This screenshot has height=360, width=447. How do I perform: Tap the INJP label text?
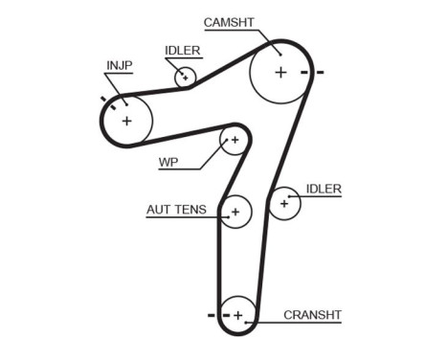point(119,65)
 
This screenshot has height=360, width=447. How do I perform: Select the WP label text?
point(168,161)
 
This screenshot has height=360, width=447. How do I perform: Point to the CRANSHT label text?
point(312,314)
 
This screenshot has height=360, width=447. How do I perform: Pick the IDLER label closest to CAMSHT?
point(182,49)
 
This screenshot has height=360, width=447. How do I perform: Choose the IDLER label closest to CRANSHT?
point(324,189)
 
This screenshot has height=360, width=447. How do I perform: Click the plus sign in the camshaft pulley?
point(280,72)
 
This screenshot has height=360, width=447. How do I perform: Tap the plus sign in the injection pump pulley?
point(126,121)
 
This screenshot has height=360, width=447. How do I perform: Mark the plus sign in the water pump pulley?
point(234,141)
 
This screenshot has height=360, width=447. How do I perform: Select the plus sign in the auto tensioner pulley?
point(235,210)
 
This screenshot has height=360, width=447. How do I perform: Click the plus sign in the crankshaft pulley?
point(239,314)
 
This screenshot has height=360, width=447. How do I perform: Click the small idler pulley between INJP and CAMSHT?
point(186,77)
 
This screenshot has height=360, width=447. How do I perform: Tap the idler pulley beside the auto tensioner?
point(284,203)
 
